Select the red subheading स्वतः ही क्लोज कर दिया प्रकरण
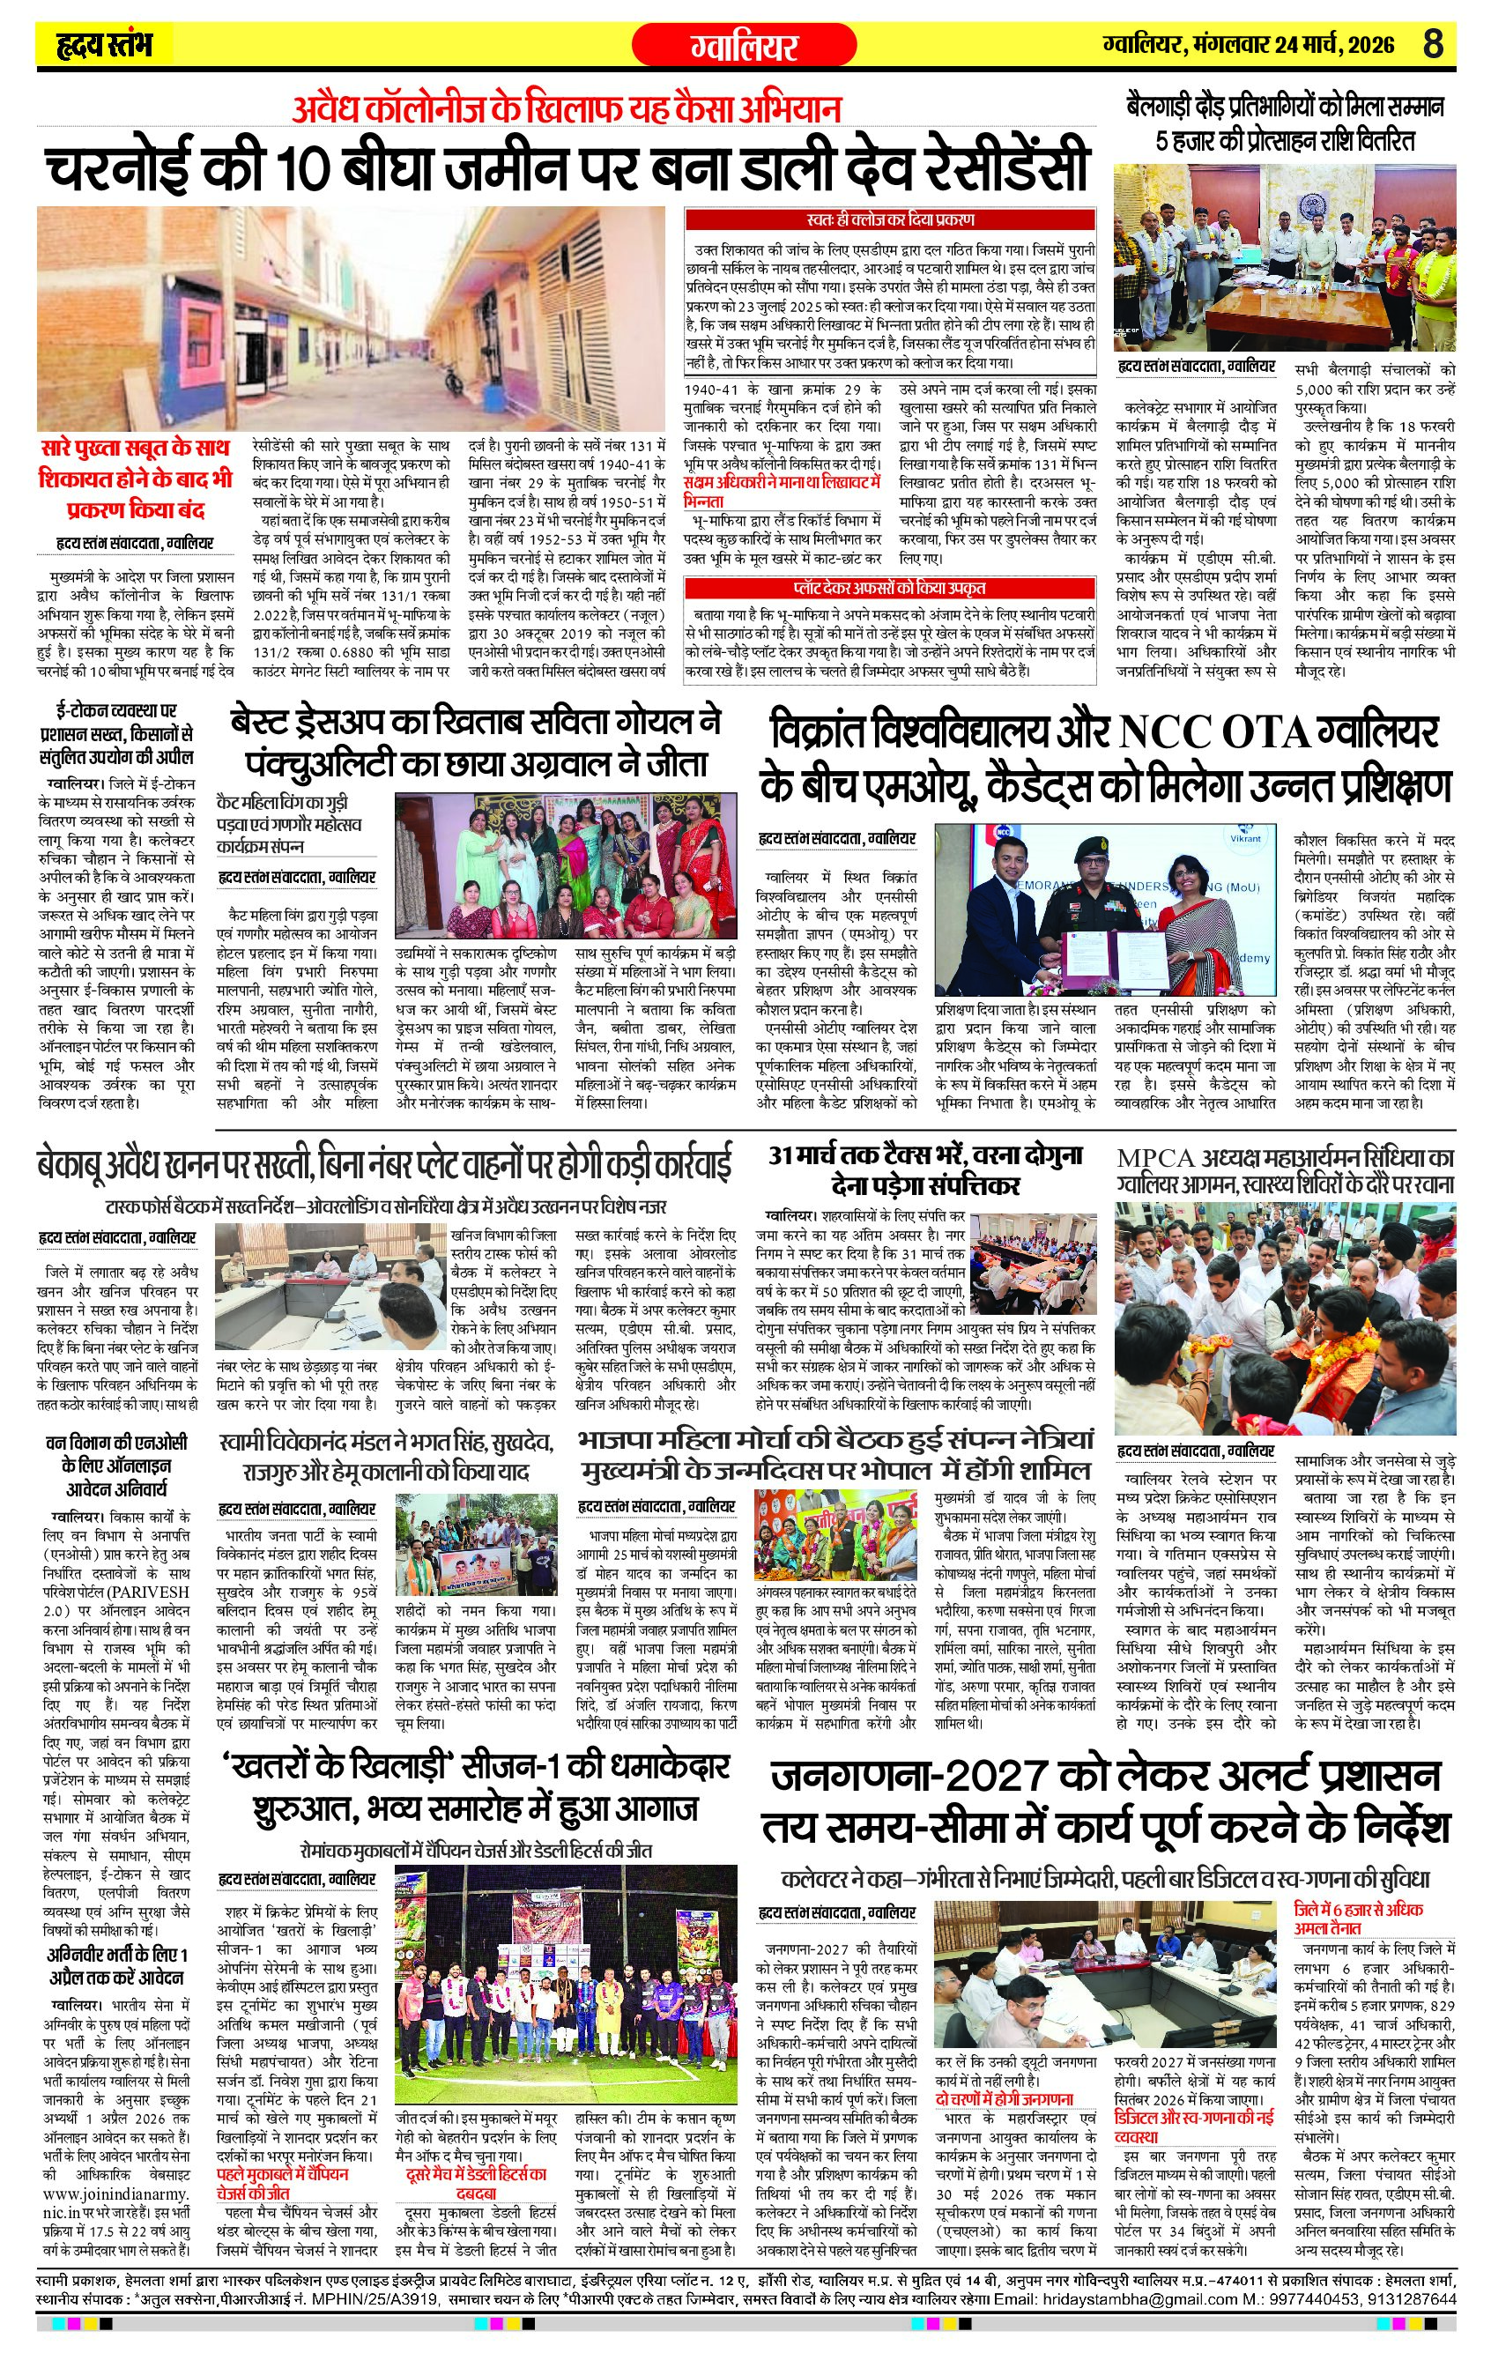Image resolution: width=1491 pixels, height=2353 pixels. (x=890, y=219)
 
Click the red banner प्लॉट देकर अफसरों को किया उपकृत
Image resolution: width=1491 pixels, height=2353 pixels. (x=889, y=589)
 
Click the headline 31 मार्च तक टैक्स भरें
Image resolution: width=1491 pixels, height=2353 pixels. (x=925, y=1155)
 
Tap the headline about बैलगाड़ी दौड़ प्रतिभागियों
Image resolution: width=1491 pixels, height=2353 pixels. (x=1285, y=123)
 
